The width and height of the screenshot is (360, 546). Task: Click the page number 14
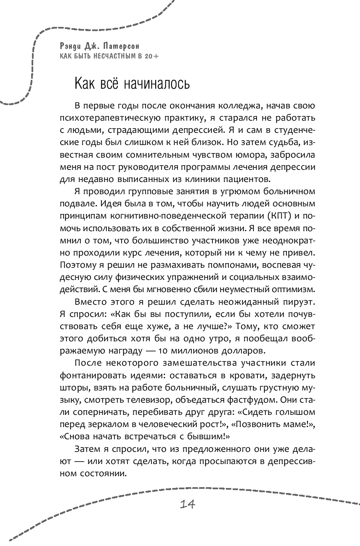tap(186, 504)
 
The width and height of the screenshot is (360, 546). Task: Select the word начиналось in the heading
tap(155, 84)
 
